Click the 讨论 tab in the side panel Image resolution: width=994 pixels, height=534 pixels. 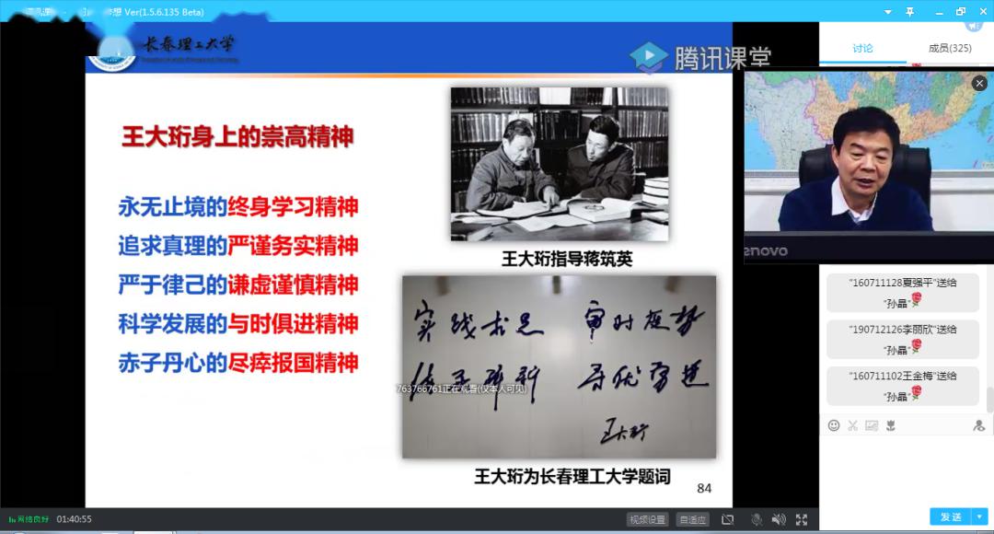point(862,49)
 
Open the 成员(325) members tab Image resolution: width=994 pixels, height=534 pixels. point(949,49)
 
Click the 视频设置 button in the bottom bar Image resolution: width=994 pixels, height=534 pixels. point(647,519)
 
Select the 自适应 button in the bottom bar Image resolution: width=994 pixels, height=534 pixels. point(692,519)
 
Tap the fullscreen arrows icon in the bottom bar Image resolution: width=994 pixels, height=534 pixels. point(802,519)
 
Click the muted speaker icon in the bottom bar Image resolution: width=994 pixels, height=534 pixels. point(779,519)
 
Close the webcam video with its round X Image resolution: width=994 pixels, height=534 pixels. point(979,83)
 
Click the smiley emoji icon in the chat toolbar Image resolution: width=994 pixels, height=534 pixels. point(834,425)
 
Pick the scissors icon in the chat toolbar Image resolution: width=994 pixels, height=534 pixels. point(852,425)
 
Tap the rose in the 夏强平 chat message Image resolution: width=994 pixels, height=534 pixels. point(916,300)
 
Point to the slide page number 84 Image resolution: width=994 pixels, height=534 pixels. point(704,488)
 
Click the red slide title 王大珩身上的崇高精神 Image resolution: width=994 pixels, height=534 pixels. point(237,137)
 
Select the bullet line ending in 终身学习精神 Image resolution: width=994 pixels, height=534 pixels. point(237,206)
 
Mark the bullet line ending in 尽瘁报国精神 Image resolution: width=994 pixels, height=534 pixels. point(237,363)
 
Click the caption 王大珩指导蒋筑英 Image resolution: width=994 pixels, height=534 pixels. point(567,259)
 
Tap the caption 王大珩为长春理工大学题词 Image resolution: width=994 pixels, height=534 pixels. point(572,477)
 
